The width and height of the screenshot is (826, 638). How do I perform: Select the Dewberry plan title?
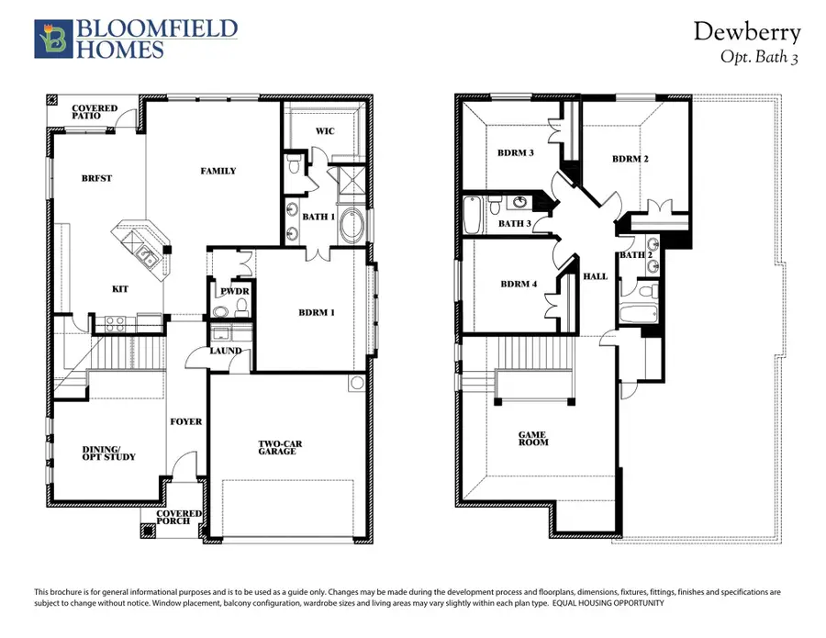click(746, 32)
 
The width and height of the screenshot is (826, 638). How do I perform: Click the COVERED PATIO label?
click(95, 113)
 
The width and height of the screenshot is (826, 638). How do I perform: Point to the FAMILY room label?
click(218, 171)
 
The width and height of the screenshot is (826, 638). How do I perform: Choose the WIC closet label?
click(324, 131)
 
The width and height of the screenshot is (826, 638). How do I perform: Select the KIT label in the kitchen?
click(119, 289)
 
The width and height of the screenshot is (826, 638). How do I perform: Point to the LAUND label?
click(226, 351)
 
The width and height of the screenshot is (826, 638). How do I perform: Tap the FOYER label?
click(185, 422)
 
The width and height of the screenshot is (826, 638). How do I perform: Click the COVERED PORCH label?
click(173, 517)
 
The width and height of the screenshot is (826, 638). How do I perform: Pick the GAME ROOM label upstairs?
click(533, 438)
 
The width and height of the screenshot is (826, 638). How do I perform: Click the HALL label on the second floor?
click(596, 276)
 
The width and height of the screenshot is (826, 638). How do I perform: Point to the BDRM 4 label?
click(519, 284)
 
